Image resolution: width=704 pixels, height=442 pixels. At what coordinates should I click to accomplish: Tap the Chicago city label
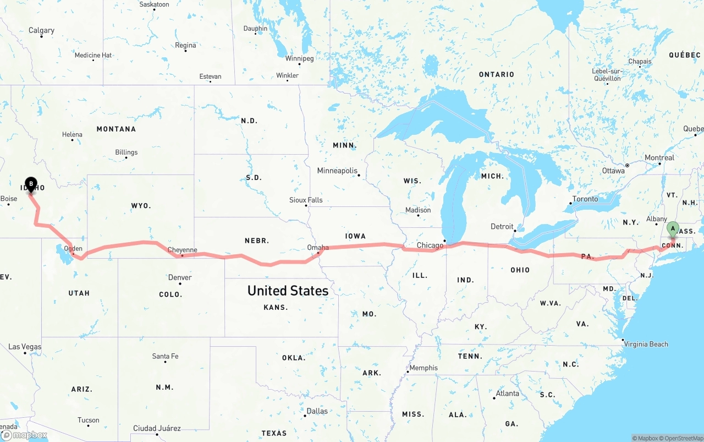430,245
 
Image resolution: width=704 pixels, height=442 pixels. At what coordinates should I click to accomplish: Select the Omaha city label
317,248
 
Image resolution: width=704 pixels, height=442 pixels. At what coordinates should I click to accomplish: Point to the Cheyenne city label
182,250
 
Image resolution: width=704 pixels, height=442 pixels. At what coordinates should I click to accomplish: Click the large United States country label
288,291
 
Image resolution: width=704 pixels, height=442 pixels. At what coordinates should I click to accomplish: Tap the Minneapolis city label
337,171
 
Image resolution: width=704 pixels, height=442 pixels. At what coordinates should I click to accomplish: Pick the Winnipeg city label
299,58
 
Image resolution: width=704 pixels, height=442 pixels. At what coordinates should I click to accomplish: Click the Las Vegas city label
25,347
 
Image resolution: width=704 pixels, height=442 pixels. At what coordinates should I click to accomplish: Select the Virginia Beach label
646,344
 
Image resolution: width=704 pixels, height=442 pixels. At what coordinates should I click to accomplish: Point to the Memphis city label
424,368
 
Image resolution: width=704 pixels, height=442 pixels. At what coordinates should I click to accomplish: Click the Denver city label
180,277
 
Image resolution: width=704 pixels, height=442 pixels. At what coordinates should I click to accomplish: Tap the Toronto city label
585,199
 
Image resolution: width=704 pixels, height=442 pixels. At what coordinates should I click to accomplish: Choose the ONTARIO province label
496,74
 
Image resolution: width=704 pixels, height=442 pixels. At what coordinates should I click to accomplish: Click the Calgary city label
42,30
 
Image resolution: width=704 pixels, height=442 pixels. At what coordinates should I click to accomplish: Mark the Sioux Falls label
306,200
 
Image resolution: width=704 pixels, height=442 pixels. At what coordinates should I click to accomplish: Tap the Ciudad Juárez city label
157,428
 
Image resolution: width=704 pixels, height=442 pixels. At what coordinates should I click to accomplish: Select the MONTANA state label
116,129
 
